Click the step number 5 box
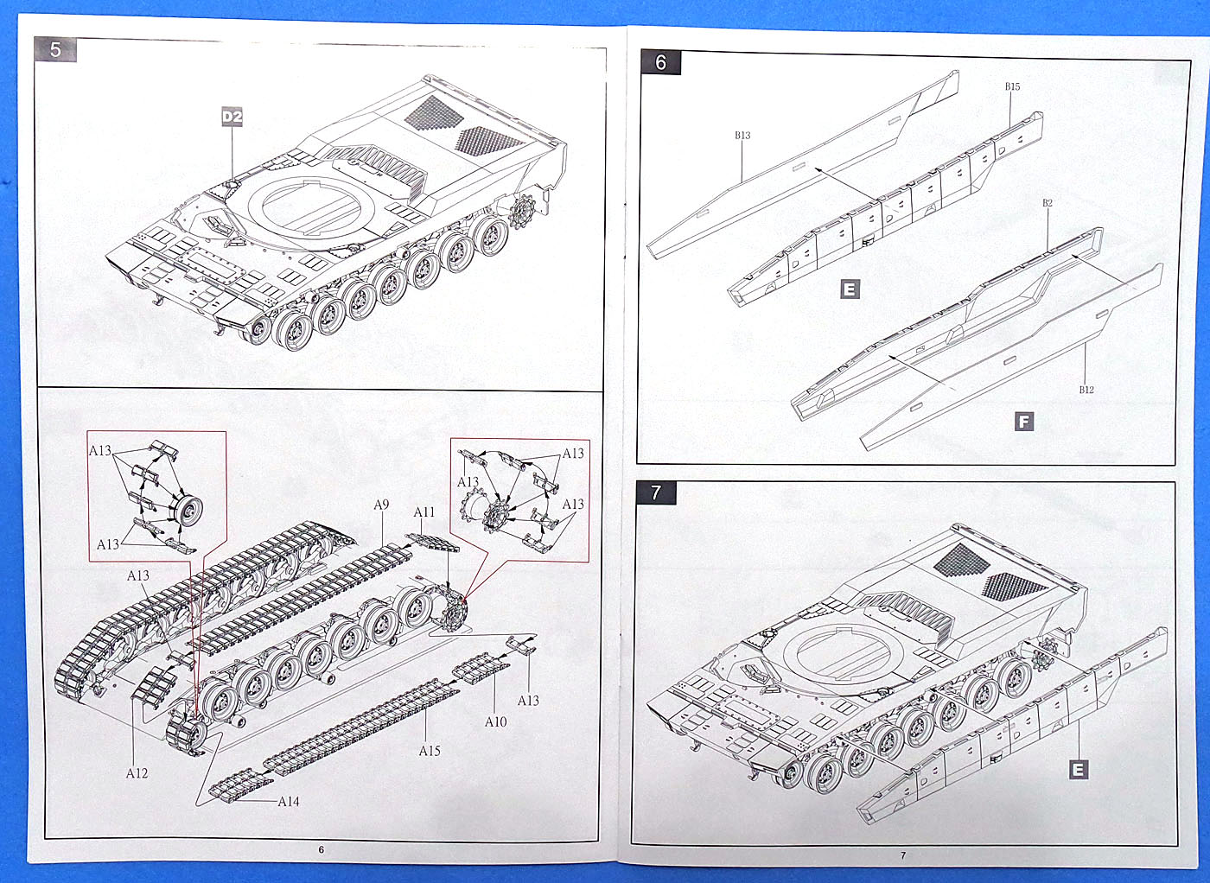(56, 49)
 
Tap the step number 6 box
(661, 62)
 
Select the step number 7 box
(657, 492)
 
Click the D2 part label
(232, 117)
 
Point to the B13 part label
(742, 136)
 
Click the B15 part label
(1012, 86)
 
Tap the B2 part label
(1047, 204)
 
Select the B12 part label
(1086, 390)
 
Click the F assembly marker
(1024, 422)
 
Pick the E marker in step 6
(850, 289)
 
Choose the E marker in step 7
(1078, 769)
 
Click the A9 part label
(381, 505)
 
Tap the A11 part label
(423, 512)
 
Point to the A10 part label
(495, 721)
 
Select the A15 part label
(430, 751)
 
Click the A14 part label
(289, 802)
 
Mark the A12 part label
(137, 773)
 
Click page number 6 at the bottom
(321, 850)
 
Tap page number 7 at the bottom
(903, 855)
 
